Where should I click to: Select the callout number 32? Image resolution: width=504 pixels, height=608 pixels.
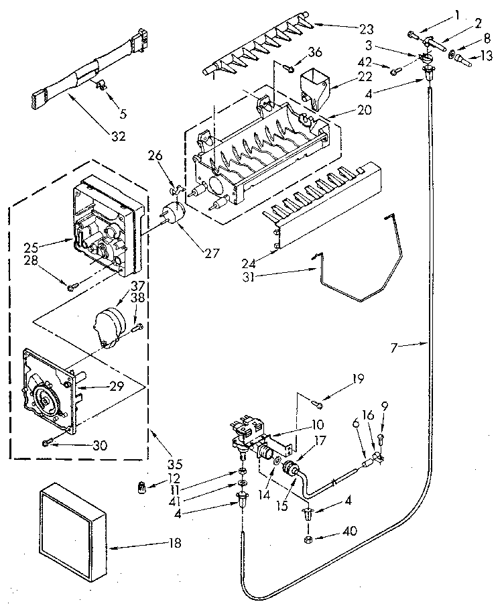pyautogui.click(x=118, y=136)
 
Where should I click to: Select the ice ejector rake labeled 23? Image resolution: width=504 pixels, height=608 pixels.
pyautogui.click(x=255, y=50)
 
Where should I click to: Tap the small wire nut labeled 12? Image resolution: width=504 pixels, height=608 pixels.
pyautogui.click(x=142, y=486)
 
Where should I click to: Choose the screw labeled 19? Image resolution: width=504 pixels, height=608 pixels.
pyautogui.click(x=317, y=403)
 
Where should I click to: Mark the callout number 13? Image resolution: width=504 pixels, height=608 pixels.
pyautogui.click(x=485, y=62)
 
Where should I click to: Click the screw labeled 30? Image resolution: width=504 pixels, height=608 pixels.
pyautogui.click(x=48, y=443)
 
